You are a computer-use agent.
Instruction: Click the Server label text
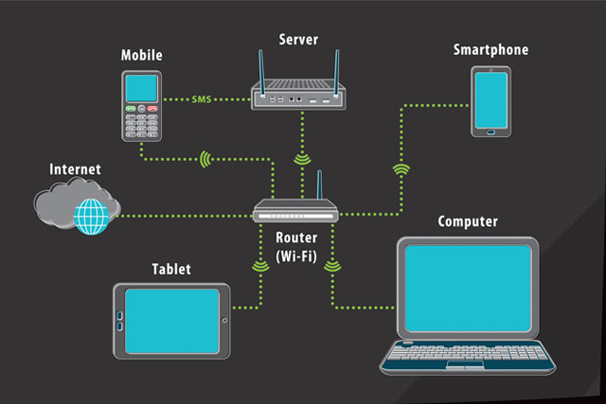click(x=297, y=39)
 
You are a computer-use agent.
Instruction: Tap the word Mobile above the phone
click(x=141, y=55)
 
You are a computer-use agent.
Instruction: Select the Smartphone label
click(x=490, y=49)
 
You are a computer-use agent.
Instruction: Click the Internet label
click(x=75, y=169)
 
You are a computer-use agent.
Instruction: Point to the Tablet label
click(x=171, y=270)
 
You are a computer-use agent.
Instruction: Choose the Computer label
click(x=468, y=221)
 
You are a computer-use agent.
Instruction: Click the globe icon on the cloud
click(x=93, y=217)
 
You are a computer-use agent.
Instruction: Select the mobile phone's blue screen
click(x=141, y=88)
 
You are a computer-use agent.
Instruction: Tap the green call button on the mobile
click(x=130, y=110)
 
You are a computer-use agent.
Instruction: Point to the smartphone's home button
click(x=490, y=131)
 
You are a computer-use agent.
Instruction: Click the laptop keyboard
click(x=468, y=357)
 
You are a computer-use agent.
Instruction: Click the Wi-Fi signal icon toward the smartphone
click(x=401, y=170)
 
